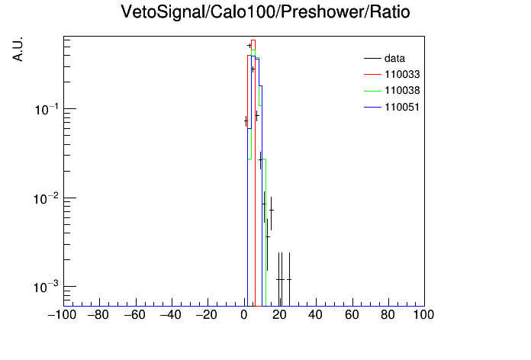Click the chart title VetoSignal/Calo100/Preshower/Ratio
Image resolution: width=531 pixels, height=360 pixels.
click(265, 12)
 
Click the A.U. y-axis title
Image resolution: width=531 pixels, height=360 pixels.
click(18, 49)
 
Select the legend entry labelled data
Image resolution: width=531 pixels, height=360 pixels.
click(394, 59)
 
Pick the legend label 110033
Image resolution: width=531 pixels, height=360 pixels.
click(402, 75)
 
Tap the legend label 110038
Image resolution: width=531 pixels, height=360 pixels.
click(402, 91)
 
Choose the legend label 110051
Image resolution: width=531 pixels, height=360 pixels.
click(402, 108)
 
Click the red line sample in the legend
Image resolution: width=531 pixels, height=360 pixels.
click(372, 75)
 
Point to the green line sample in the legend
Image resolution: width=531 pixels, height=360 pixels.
click(372, 91)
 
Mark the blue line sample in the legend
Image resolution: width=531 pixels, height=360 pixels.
click(372, 108)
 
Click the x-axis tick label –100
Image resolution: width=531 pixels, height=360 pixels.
click(62, 315)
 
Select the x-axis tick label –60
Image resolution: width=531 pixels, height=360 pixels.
click(134, 315)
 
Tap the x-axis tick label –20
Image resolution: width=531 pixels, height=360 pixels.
click(206, 315)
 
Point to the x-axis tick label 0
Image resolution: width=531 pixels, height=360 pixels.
click(244, 315)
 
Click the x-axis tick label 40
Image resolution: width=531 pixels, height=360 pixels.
click(315, 315)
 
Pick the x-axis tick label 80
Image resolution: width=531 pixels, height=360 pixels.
click(388, 315)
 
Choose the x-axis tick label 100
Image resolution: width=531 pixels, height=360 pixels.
click(423, 315)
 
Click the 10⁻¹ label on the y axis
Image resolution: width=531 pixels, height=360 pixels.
click(47, 109)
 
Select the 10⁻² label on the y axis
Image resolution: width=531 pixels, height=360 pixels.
click(46, 198)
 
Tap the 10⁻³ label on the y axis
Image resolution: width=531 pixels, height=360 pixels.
click(46, 288)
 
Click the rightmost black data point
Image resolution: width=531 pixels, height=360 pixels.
click(289, 279)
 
